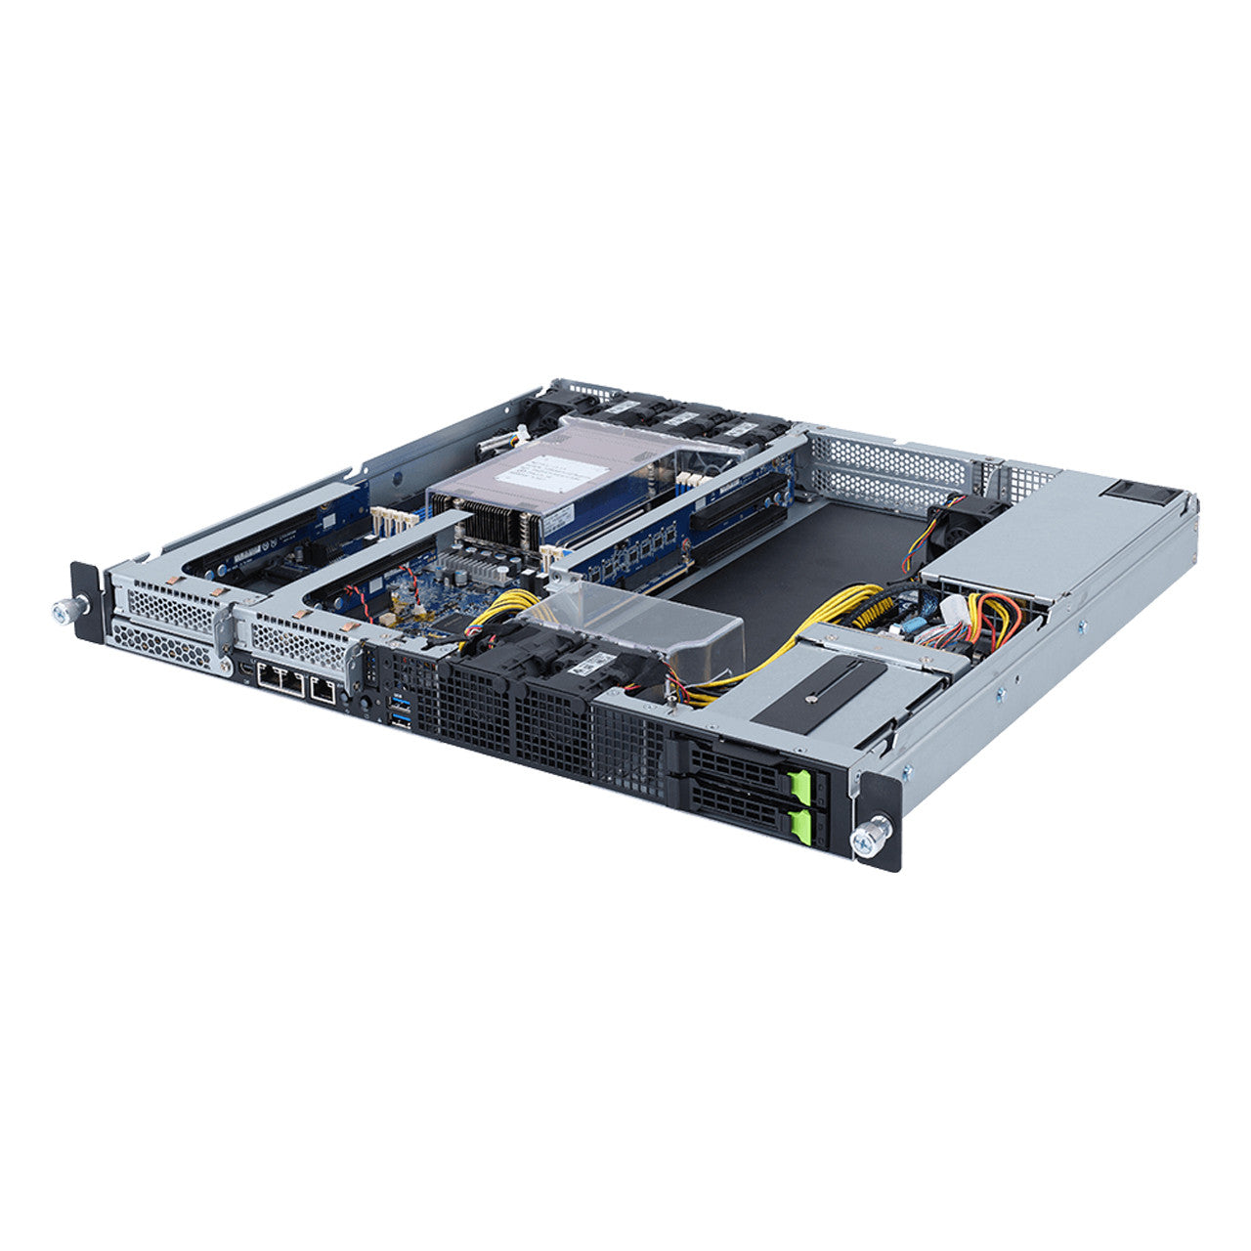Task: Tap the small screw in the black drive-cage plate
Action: [x=813, y=699]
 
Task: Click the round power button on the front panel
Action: [x=366, y=703]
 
